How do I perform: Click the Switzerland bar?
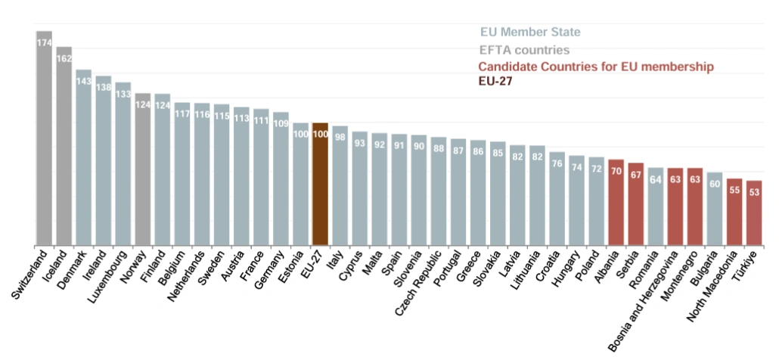pos(44,144)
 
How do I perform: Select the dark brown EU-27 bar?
pos(320,185)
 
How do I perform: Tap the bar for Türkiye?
pos(753,213)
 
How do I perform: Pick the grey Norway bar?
pos(142,170)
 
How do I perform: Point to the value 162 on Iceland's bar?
pos(64,58)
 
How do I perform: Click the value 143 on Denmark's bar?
pos(83,81)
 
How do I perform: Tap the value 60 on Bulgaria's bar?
pos(714,184)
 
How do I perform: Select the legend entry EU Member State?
pos(530,33)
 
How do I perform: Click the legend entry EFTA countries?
pos(524,50)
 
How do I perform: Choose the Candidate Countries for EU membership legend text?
pos(596,67)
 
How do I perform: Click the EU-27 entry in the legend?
pos(495,82)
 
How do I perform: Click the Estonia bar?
pos(300,185)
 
